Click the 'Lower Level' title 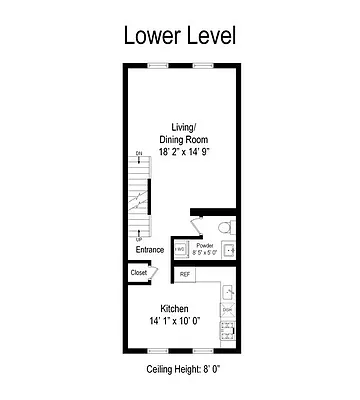click(179, 35)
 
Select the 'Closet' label click(139, 273)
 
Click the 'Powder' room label click(205, 245)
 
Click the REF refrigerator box click(185, 273)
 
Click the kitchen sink click(228, 291)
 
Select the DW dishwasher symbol click(227, 310)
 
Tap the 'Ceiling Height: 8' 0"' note click(180, 370)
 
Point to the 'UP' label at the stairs click(138, 239)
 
